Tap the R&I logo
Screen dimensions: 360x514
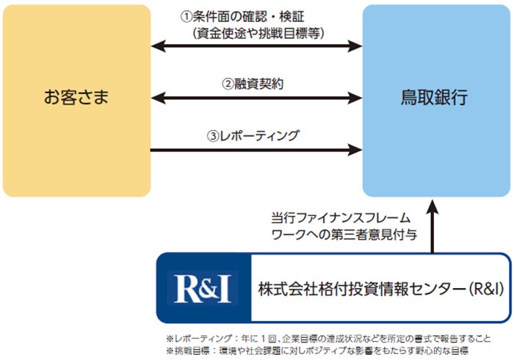point(203,287)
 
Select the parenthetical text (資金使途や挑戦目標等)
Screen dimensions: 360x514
point(257,32)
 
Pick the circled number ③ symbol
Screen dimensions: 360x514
point(213,136)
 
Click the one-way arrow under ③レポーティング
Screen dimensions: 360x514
point(256,151)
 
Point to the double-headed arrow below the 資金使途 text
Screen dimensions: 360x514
point(256,48)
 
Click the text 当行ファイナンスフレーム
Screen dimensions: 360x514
point(340,218)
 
